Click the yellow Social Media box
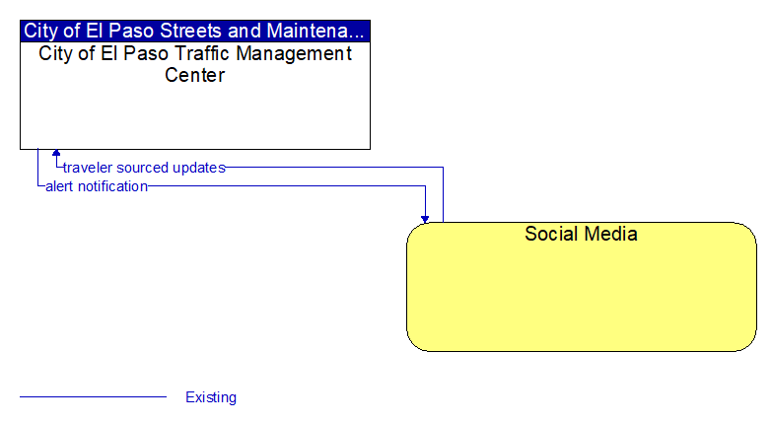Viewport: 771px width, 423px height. click(581, 287)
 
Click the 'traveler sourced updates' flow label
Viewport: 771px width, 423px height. click(144, 168)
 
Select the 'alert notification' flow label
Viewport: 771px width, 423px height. click(97, 186)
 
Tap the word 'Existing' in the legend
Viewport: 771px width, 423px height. click(211, 397)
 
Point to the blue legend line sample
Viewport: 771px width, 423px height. click(93, 396)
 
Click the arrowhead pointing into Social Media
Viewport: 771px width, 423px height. click(425, 219)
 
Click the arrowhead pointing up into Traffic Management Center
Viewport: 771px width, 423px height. click(56, 153)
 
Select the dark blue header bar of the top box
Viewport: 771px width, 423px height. click(195, 31)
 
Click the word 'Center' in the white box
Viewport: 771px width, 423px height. click(194, 75)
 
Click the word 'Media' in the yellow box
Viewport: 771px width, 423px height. click(611, 234)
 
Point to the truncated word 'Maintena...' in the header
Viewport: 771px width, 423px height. click(315, 31)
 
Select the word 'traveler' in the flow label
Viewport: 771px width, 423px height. click(88, 168)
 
